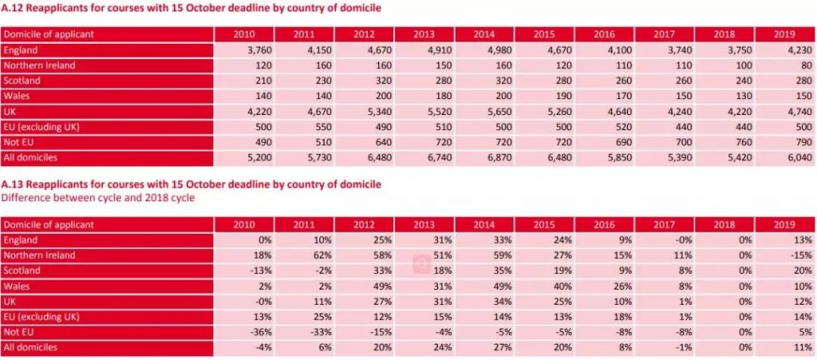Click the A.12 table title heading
coord(192,8)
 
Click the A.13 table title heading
coord(192,184)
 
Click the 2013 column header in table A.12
coord(425,34)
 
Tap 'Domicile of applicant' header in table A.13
coord(49,224)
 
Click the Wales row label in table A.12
coord(16,97)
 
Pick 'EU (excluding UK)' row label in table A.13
coord(39,317)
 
